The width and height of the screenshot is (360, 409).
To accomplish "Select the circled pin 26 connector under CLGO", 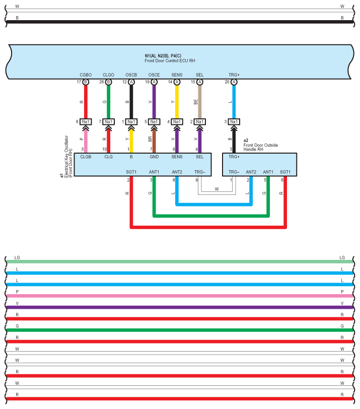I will coord(108,82).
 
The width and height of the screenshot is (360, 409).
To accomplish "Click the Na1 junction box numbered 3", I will coord(234,121).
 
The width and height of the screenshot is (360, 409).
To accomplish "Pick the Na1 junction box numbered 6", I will coord(85,121).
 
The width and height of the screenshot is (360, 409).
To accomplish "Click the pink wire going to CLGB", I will coord(85,140).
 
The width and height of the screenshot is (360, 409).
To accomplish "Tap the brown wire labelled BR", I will coord(154,140).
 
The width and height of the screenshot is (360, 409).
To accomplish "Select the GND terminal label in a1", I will coord(154,157).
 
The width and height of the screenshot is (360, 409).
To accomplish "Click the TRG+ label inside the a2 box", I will coord(234,157).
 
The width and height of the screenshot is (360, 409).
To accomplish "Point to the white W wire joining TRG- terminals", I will coord(217,192).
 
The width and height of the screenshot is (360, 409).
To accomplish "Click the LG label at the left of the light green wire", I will coord(18,257).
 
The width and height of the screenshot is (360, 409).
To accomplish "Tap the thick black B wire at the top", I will coord(180,22).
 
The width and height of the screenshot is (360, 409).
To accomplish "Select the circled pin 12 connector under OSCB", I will coord(131,82).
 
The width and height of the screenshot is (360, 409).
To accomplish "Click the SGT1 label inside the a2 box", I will coord(285,172).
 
